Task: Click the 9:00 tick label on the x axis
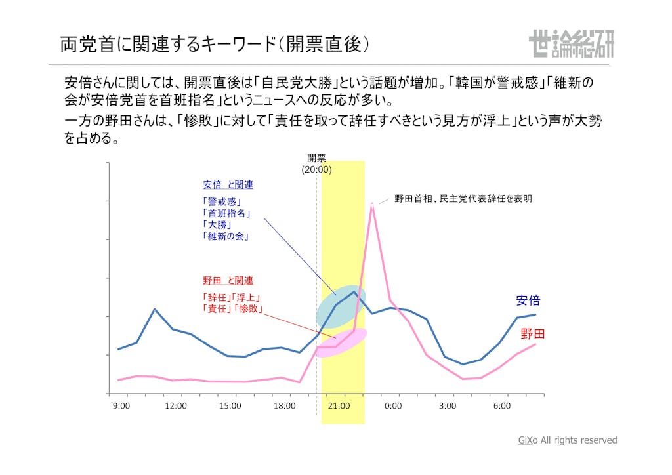point(121,406)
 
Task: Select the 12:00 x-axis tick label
point(176,406)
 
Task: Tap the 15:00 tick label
point(230,406)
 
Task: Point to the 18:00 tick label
point(285,406)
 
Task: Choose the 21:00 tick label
point(339,406)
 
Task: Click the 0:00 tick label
point(393,406)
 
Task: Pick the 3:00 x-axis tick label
point(448,406)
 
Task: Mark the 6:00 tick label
point(502,406)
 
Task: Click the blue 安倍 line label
point(528,300)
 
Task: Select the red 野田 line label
point(532,334)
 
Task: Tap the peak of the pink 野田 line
point(372,204)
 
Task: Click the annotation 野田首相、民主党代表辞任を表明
point(463,198)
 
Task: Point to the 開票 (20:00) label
point(317,163)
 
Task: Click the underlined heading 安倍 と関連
point(228,185)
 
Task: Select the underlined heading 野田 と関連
point(228,281)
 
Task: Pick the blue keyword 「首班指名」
point(228,213)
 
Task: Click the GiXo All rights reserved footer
point(568,440)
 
